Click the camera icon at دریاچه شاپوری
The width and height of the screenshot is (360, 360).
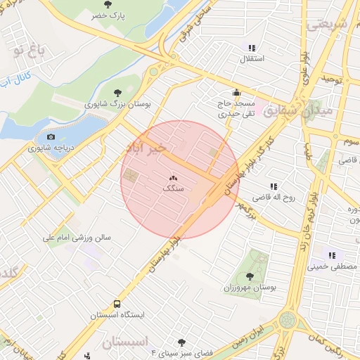coord(50,137)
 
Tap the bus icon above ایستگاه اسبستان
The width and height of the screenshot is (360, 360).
coord(117,304)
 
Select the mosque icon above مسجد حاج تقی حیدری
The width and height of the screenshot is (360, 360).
coord(236,92)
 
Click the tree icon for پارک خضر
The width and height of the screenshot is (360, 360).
coord(108,4)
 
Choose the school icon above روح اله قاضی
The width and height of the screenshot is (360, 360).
coord(274,186)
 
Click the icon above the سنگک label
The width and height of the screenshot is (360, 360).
coord(173,179)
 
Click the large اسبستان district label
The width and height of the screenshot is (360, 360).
coord(127,343)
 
